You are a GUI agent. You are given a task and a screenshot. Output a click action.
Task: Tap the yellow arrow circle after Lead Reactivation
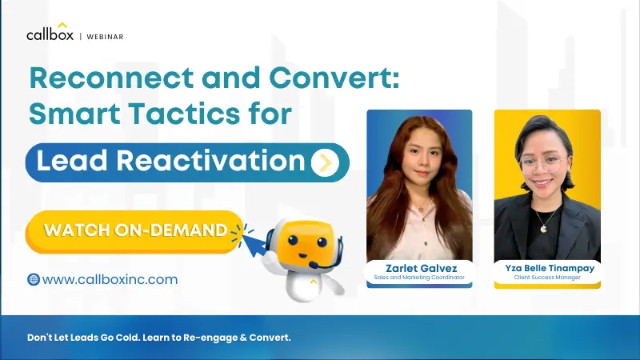click(x=325, y=162)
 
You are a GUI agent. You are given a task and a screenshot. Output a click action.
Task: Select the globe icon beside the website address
click(x=34, y=279)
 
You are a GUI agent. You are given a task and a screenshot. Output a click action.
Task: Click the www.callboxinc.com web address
click(x=110, y=280)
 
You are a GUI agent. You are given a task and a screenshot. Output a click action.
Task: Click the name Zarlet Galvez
click(x=419, y=267)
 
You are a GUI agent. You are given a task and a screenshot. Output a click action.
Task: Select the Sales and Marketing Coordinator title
click(x=419, y=278)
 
